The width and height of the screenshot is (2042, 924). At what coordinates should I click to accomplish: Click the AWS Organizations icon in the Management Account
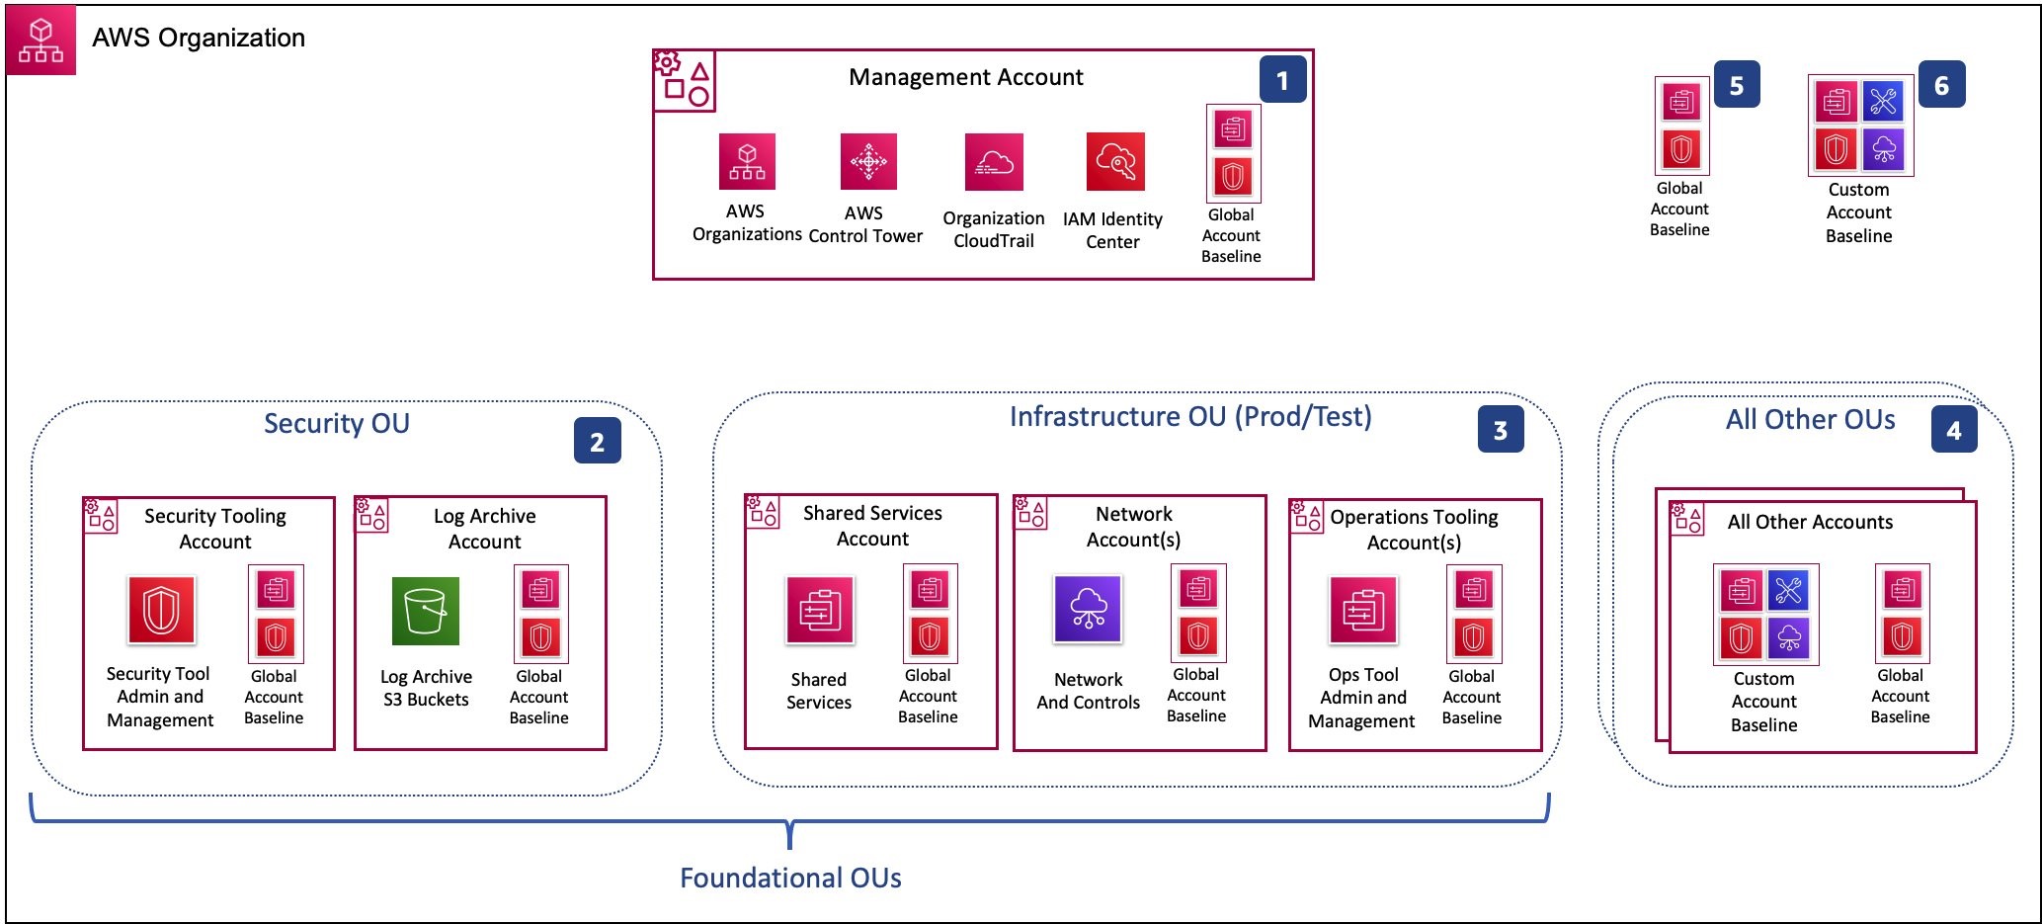[x=747, y=161]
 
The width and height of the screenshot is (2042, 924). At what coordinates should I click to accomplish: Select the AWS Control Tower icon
[x=868, y=161]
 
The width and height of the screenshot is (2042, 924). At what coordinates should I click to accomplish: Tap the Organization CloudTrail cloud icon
[x=994, y=162]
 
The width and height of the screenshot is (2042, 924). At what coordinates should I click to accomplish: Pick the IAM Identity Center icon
[x=1115, y=161]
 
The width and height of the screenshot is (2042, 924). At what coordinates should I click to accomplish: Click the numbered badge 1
[x=1282, y=80]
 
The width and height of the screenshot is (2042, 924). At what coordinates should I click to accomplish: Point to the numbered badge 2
[x=598, y=441]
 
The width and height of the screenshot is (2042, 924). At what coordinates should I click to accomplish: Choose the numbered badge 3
[x=1501, y=429]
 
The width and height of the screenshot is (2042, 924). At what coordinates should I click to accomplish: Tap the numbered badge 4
[x=1954, y=430]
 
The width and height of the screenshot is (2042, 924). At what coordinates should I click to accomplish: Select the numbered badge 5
[x=1737, y=85]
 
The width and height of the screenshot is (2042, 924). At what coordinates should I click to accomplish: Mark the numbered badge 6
[x=1941, y=85]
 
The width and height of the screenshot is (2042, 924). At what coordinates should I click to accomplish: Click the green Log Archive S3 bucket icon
[x=426, y=611]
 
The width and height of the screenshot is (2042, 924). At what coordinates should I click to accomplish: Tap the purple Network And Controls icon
[x=1088, y=609]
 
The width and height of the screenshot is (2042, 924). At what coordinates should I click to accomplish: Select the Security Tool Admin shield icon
[x=161, y=610]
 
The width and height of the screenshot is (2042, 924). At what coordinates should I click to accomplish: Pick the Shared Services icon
[x=819, y=610]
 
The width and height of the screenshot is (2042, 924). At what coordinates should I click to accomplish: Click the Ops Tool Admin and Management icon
[x=1363, y=610]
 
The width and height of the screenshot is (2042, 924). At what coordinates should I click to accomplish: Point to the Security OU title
[x=337, y=423]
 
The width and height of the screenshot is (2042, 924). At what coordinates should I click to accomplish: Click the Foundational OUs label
[x=790, y=878]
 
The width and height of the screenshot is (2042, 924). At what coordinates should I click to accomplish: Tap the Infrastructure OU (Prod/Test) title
[x=1190, y=416]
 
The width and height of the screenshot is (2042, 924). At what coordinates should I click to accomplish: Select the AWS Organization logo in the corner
[x=41, y=41]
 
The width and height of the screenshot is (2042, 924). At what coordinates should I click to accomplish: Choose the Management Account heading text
[x=966, y=77]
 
